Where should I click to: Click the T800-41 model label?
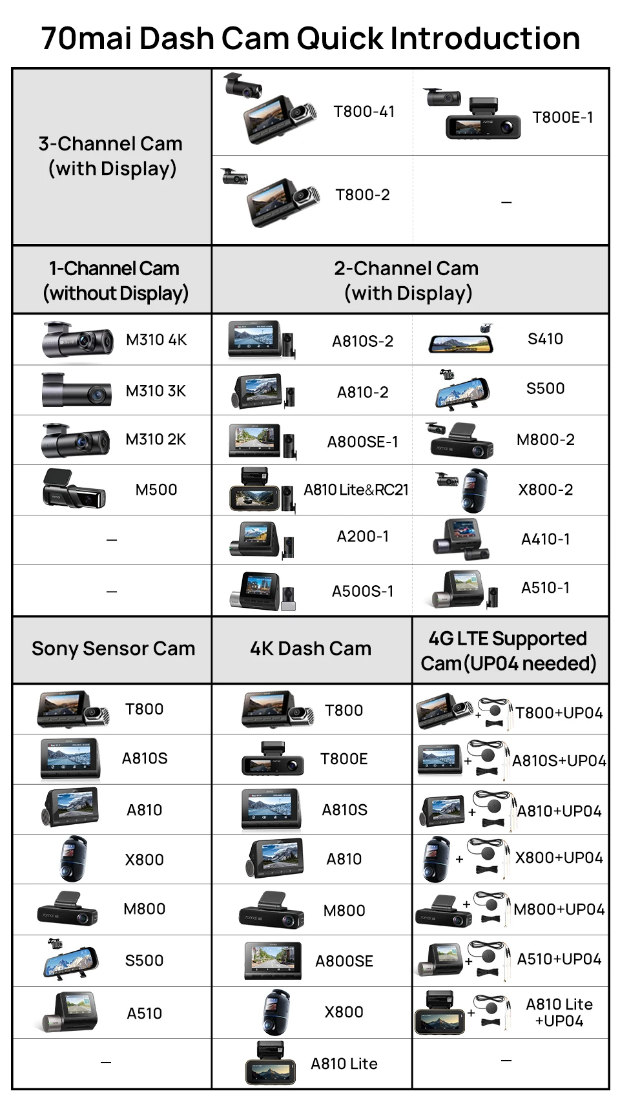point(364,112)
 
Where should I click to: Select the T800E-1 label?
point(563,118)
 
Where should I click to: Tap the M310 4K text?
point(156,340)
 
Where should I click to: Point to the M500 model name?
point(156,490)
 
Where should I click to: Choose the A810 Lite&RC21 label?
point(356,490)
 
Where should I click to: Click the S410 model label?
point(545,339)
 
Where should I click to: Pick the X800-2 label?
point(546,490)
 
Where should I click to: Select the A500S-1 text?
point(363,591)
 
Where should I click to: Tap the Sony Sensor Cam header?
point(113,649)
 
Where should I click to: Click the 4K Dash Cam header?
point(311,649)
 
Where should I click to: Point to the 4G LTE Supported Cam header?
point(508,651)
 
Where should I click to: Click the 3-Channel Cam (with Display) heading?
point(111,156)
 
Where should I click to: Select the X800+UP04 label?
point(559,858)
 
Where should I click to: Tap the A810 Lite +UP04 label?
point(559,1013)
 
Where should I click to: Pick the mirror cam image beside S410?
point(461,338)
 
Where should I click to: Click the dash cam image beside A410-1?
point(460,539)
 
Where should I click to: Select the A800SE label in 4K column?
point(344,961)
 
